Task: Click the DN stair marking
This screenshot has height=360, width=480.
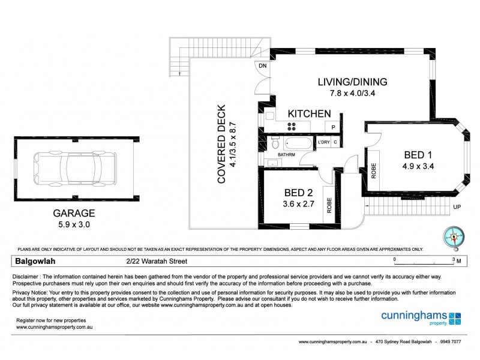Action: click(x=262, y=66)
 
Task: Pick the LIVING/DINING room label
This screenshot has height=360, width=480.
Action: click(x=353, y=82)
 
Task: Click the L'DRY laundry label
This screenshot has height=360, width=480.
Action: click(x=324, y=142)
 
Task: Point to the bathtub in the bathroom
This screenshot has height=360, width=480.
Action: click(x=298, y=144)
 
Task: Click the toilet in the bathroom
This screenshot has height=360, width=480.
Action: click(x=275, y=143)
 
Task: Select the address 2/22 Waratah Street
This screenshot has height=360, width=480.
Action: click(x=157, y=261)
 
